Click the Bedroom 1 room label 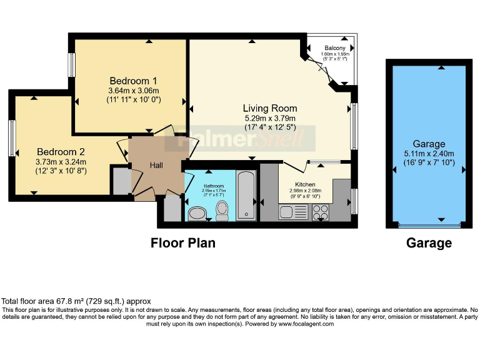tap(133, 81)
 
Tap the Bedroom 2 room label tap(61, 152)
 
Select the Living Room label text tap(270, 108)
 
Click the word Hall tap(156, 166)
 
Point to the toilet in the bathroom tap(221, 210)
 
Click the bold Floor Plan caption tap(183, 243)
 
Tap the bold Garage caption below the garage tap(429, 243)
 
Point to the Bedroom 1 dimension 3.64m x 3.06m tap(133, 91)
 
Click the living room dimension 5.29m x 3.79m tap(270, 117)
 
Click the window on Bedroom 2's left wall tap(12, 138)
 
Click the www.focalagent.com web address tap(306, 324)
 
